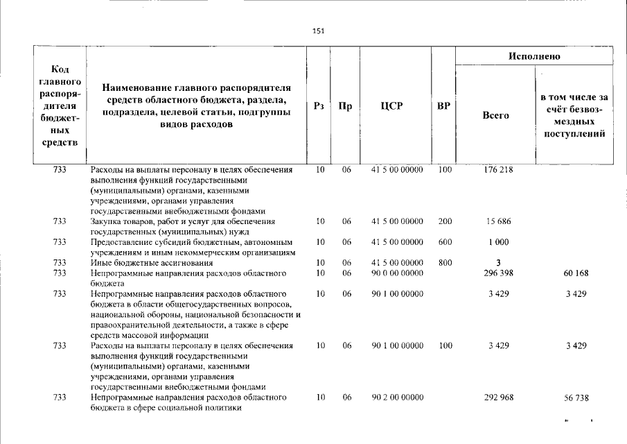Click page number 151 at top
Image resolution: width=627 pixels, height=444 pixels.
[318, 31]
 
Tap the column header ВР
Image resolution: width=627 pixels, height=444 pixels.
[443, 106]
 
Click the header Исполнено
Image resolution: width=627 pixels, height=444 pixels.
[534, 56]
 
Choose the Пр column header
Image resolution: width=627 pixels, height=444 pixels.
[345, 106]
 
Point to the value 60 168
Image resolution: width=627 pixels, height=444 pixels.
[574, 273]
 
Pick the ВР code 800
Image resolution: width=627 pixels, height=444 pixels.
[445, 263]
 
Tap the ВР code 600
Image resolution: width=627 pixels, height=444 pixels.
[445, 242]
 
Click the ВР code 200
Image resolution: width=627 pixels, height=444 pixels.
[445, 221]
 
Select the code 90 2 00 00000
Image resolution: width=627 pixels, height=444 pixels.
[397, 398]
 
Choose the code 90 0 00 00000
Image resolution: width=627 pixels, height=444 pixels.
[397, 273]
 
